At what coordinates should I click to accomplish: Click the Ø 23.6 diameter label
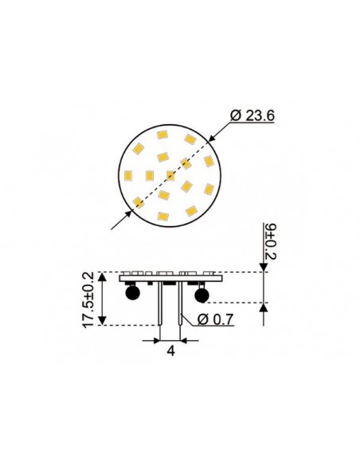(x=252, y=116)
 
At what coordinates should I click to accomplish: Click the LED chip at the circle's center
(x=170, y=175)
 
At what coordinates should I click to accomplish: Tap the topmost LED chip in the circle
(x=162, y=135)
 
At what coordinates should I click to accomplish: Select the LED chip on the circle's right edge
(x=208, y=161)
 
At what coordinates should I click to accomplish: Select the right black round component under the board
(x=201, y=296)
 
